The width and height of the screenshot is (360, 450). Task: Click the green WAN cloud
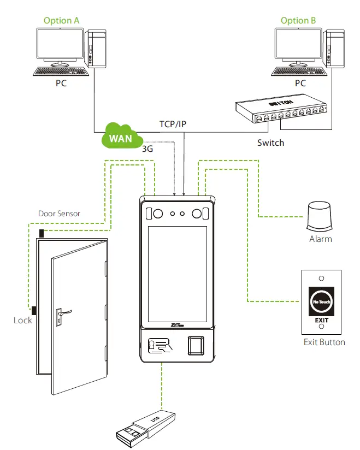[120, 138]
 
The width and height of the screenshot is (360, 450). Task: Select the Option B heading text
[298, 21]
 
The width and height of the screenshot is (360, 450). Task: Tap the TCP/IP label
[173, 124]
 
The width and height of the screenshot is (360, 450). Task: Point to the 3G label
[147, 148]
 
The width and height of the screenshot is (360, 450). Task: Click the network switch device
[279, 109]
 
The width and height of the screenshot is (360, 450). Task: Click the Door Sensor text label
[59, 214]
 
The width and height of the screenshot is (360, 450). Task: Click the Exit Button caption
[324, 342]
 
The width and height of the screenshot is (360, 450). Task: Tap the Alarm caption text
[320, 239]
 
